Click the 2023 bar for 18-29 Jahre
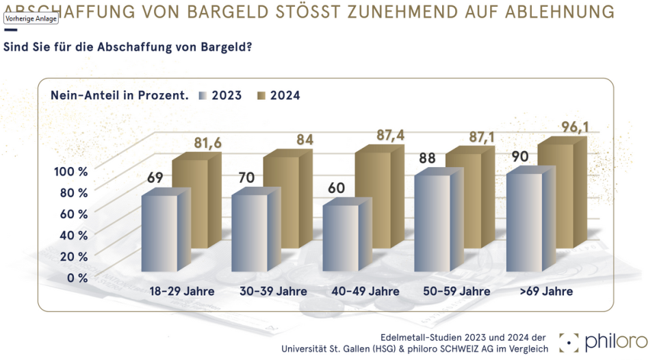pos(159,233)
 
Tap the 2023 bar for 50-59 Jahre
pos(432,222)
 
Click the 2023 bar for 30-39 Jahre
pos(250,233)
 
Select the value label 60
pos(338,188)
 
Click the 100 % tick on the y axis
pos(70,171)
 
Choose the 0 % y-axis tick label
pos(77,277)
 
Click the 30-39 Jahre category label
pos(273,292)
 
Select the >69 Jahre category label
pos(546,292)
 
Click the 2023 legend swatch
pos(203,96)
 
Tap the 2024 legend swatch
pos(261,96)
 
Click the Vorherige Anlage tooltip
pos(31,18)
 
